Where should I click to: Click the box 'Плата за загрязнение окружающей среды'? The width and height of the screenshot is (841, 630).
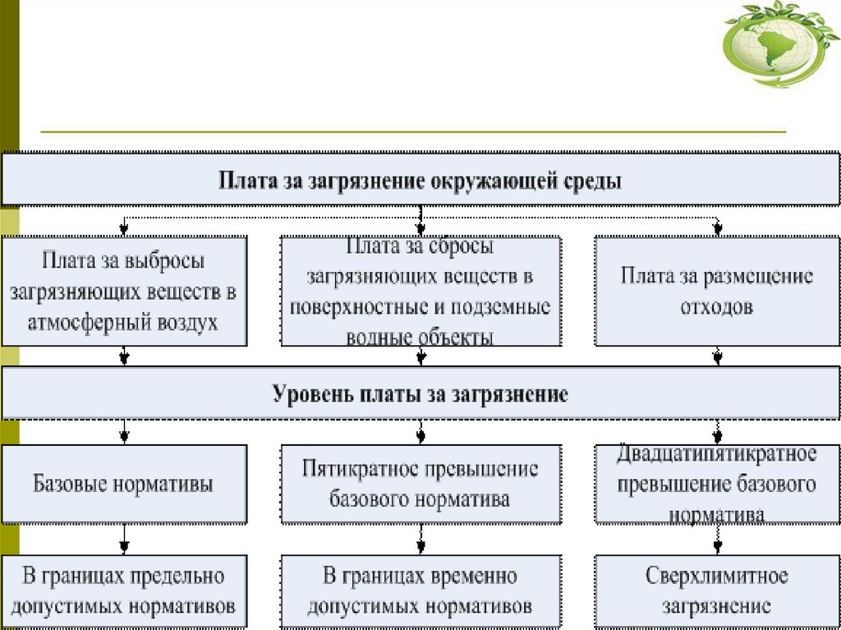point(420,180)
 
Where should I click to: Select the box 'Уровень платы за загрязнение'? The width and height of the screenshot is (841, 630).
point(420,393)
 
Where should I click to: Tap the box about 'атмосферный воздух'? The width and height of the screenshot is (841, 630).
point(124,291)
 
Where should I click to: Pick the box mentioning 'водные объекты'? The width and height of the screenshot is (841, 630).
point(420,291)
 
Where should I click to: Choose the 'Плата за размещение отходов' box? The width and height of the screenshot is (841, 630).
point(717,291)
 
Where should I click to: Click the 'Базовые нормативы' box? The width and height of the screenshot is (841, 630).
point(124,484)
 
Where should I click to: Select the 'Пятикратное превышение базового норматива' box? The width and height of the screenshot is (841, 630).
point(420,484)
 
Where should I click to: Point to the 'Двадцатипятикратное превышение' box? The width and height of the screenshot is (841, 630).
point(717,484)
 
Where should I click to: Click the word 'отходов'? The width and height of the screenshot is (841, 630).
point(717,307)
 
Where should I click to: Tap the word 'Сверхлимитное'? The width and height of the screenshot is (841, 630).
point(717,575)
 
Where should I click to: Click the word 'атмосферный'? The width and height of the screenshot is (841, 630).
point(78,322)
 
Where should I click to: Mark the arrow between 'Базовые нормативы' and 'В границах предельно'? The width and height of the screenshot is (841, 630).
point(124,540)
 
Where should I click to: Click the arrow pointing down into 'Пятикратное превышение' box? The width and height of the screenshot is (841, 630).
point(420,432)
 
